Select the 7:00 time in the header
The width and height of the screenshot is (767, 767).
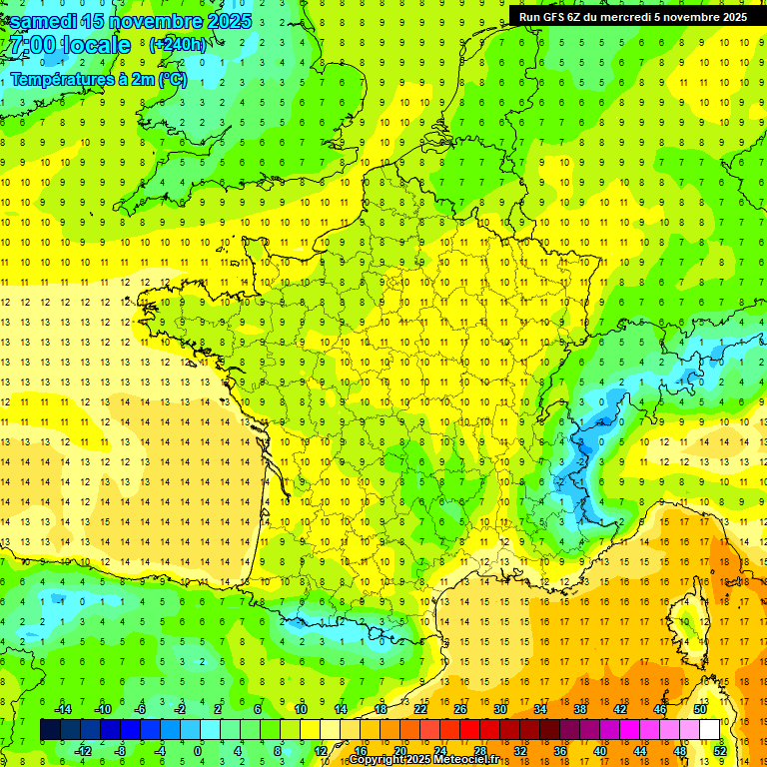30,45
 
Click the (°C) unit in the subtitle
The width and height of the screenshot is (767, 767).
172,80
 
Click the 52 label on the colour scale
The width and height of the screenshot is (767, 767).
719,750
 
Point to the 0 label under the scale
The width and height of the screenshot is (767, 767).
198,750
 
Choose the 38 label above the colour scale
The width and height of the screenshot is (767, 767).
579,709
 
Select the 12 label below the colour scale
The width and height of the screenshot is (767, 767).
320,750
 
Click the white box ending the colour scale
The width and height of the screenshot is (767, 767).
709,730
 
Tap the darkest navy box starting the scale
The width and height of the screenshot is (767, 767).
50,730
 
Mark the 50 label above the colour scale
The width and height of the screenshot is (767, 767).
699,709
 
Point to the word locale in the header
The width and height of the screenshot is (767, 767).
96,45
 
